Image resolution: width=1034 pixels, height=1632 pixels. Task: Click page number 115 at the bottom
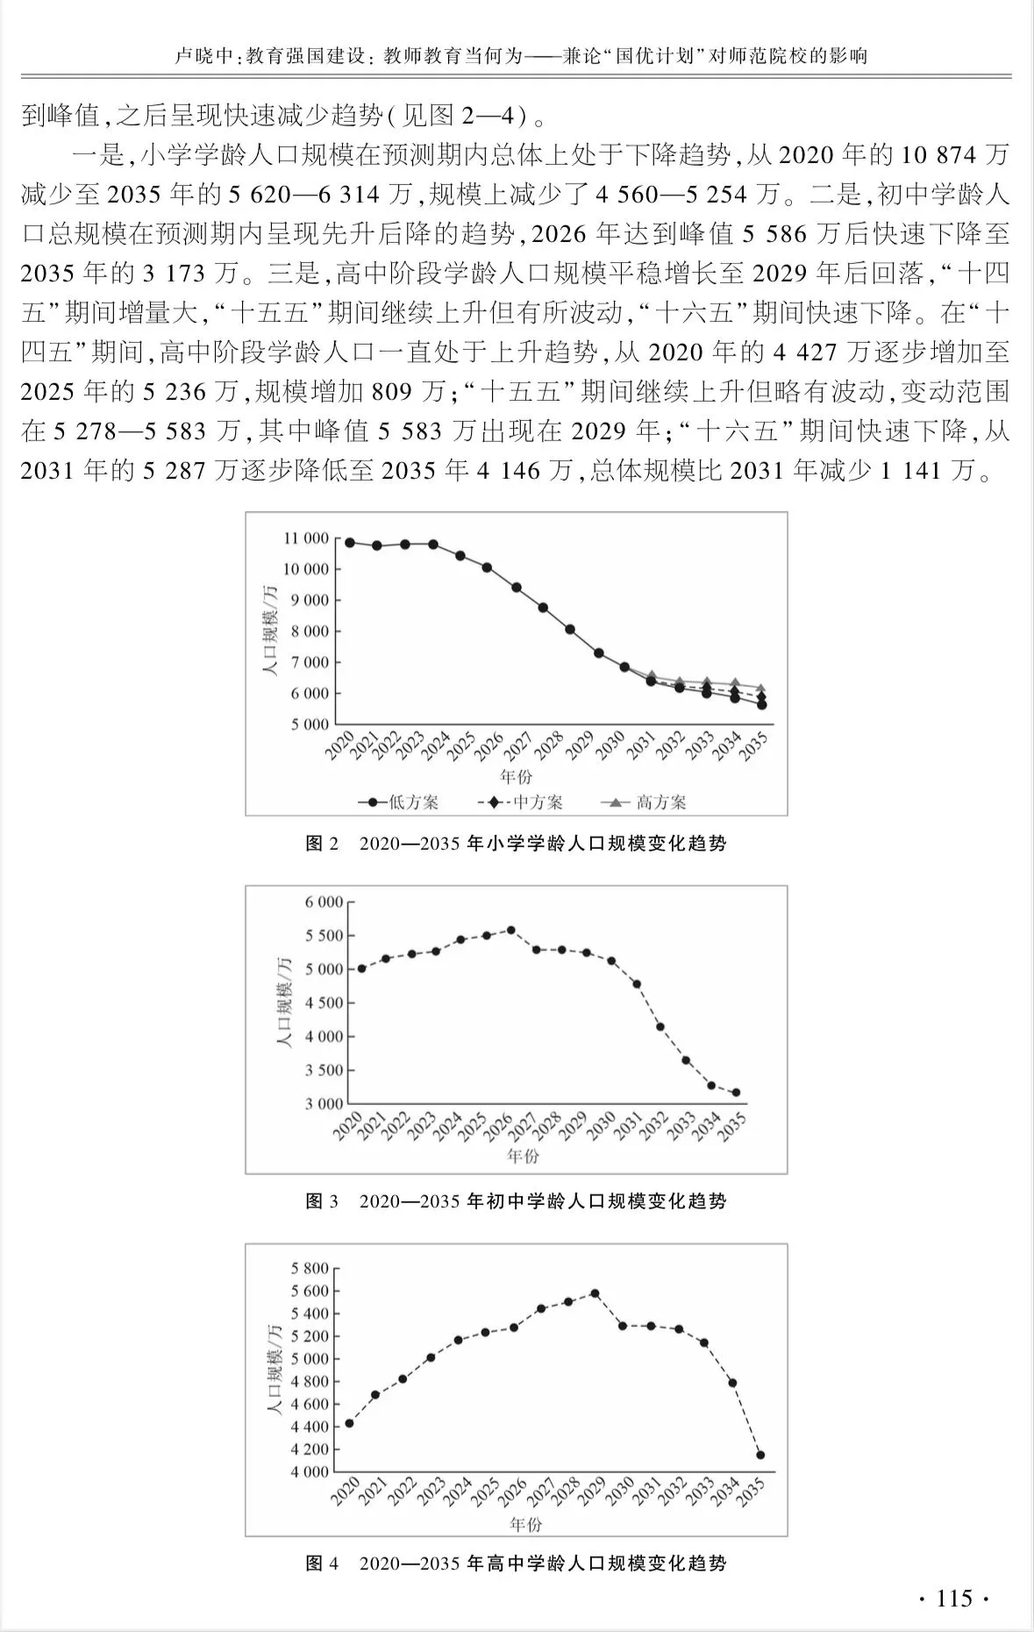(954, 1598)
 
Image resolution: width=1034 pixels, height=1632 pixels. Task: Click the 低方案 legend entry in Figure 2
(398, 802)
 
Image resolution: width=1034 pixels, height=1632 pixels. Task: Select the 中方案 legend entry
(521, 802)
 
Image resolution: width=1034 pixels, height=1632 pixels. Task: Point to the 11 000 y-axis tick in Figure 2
(306, 538)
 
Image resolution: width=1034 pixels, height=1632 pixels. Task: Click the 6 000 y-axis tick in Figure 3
(324, 902)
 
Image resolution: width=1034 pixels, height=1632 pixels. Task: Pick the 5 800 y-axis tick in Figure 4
(309, 1268)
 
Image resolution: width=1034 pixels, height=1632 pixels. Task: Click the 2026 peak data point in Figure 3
(511, 930)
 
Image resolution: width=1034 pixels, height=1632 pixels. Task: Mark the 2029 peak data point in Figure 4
(595, 1293)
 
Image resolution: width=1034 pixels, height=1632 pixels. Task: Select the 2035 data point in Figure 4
(760, 1455)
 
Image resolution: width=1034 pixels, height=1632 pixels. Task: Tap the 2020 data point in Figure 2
(349, 543)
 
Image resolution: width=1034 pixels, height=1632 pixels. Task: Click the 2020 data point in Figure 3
(360, 968)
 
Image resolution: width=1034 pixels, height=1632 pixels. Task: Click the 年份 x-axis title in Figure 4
(524, 1525)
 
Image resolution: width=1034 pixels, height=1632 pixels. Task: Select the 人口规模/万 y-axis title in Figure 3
(283, 1002)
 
